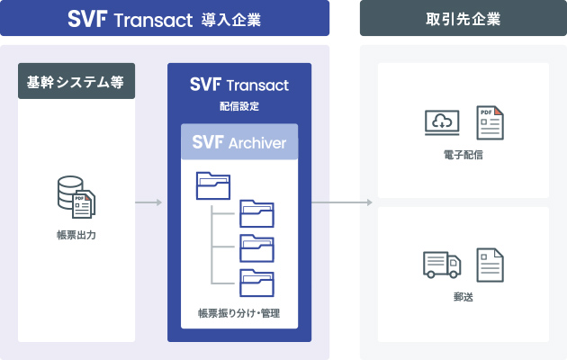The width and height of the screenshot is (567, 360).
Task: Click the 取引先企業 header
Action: click(463, 19)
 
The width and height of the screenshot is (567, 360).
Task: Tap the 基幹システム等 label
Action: click(76, 84)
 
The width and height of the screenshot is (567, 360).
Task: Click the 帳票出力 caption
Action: click(76, 235)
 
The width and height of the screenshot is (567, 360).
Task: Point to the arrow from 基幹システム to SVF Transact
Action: click(148, 202)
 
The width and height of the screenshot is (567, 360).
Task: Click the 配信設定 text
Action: click(239, 105)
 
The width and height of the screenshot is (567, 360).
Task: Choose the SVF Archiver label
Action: click(239, 142)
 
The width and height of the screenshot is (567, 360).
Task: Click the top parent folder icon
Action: click(212, 184)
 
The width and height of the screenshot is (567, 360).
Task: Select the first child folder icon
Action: click(256, 213)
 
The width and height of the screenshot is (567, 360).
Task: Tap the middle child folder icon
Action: click(256, 247)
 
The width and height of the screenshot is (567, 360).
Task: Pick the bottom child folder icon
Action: click(256, 282)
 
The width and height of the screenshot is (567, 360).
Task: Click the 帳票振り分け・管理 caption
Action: click(239, 313)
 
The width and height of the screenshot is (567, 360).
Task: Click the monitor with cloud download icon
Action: click(442, 123)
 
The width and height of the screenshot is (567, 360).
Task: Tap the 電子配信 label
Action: click(463, 155)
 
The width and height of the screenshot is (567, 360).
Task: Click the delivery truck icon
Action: click(442, 264)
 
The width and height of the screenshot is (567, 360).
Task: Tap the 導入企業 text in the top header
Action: click(232, 19)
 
